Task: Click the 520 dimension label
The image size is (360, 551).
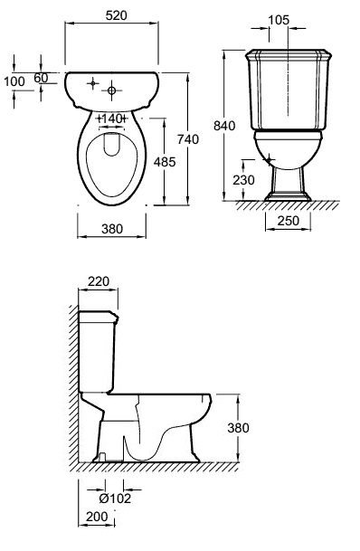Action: [117, 15]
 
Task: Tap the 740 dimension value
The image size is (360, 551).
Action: [188, 139]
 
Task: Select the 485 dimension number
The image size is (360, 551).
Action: [165, 162]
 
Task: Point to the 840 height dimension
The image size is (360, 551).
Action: [224, 126]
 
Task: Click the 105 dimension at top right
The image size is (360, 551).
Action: [279, 20]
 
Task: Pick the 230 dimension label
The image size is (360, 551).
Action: [243, 180]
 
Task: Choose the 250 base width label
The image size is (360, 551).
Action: [289, 221]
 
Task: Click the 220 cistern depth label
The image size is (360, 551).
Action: [99, 281]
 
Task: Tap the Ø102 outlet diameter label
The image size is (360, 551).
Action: [115, 498]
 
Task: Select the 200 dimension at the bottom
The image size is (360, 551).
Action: [97, 517]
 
